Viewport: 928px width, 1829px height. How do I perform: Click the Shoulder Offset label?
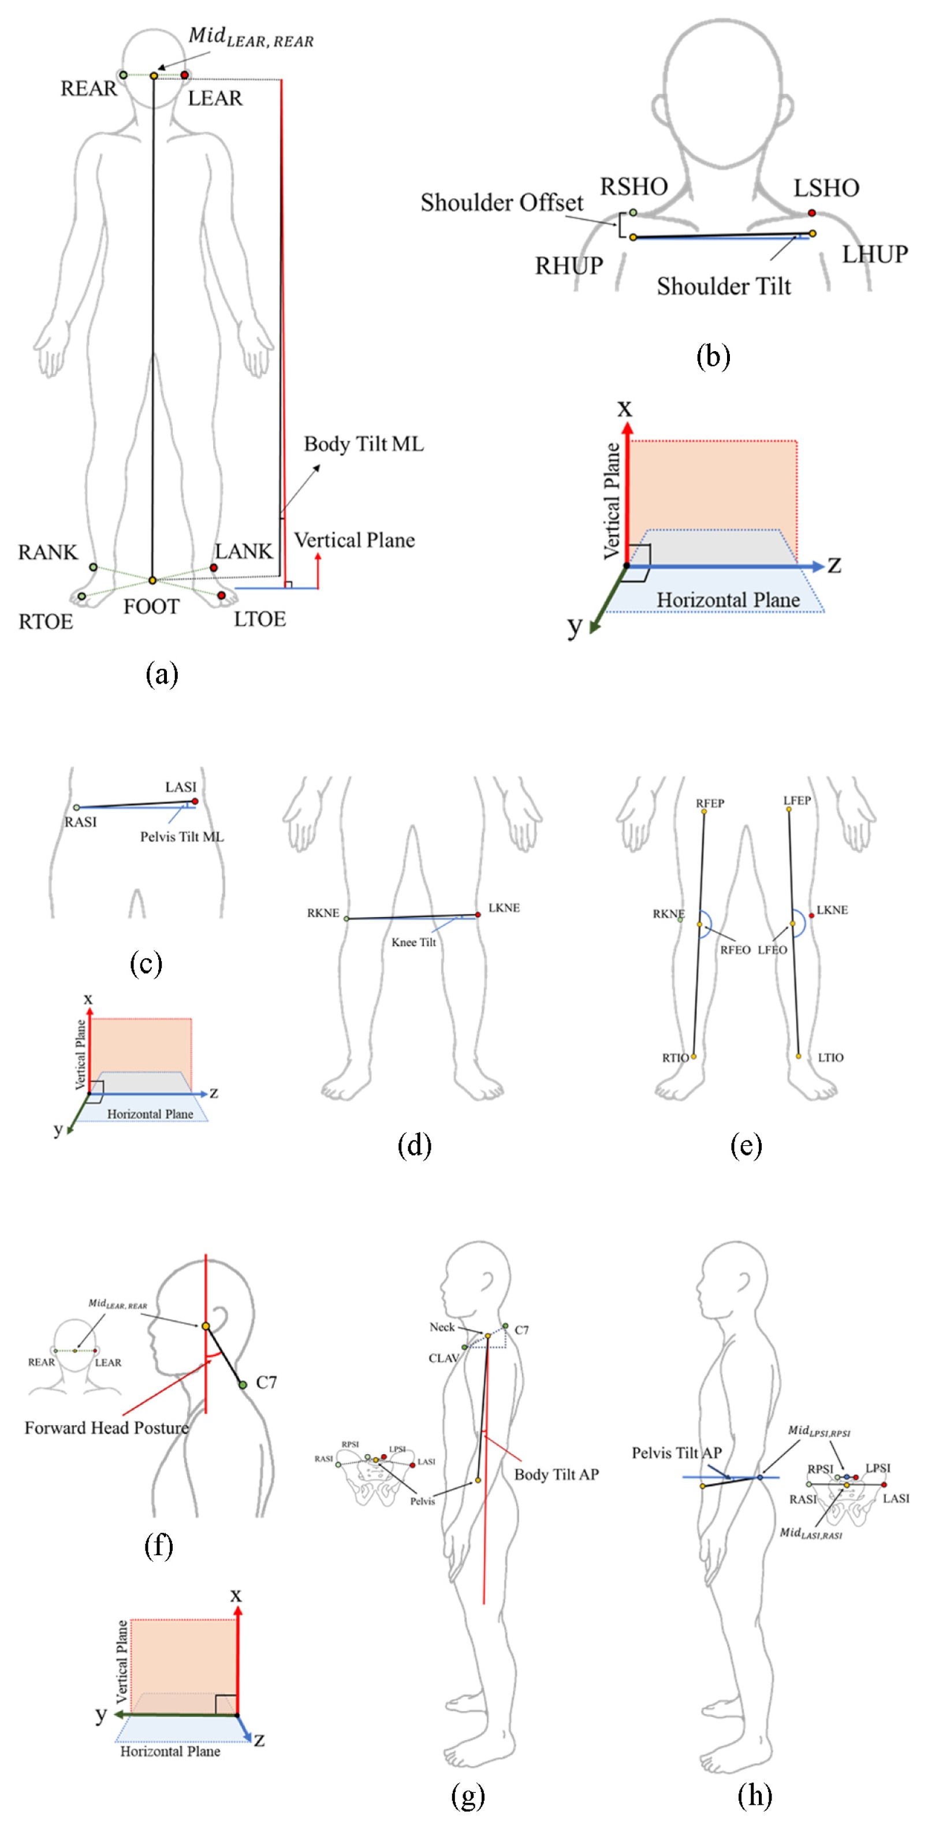coord(501,203)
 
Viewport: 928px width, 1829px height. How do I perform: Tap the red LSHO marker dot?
coord(811,213)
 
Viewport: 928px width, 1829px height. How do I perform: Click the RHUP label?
coord(568,266)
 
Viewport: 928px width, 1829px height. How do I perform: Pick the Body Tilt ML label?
coord(364,445)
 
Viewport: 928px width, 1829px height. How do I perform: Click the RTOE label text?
coord(46,622)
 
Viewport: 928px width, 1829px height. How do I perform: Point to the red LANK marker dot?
coord(214,568)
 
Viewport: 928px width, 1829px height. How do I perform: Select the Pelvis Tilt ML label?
coord(182,837)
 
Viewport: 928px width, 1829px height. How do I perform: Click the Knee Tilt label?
coord(413,942)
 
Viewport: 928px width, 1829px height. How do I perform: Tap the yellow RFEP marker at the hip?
coord(703,811)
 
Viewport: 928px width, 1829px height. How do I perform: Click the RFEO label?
coord(735,950)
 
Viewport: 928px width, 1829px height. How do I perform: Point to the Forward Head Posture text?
coord(106,1428)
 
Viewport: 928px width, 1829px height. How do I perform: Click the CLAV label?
coord(443,1358)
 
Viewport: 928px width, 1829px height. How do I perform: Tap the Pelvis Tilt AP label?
coord(676,1454)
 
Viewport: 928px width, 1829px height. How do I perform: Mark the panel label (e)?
coord(746,1145)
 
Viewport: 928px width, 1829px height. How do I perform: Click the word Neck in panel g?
coord(442,1327)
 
